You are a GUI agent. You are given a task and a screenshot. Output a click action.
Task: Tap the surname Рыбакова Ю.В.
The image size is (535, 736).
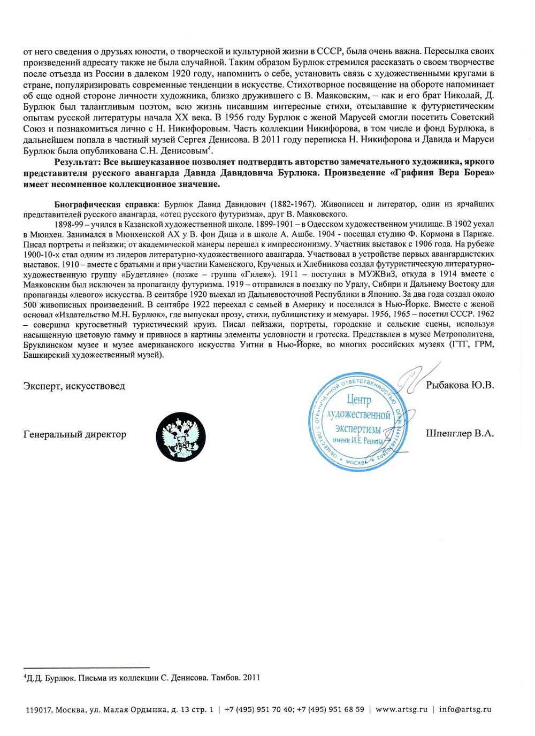pos(460,385)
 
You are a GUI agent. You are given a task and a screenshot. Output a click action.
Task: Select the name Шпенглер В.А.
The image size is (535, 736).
pos(460,433)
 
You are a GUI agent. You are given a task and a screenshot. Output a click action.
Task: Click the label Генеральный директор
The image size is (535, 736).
pos(75,434)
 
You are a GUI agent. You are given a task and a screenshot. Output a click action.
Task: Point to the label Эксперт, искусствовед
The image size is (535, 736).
pos(74,386)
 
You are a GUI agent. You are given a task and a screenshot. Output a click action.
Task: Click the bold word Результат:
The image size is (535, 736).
pos(78,162)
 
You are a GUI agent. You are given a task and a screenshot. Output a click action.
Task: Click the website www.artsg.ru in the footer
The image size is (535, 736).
pos(401,709)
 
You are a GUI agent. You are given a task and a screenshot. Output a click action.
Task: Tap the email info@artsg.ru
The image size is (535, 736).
pos(465,709)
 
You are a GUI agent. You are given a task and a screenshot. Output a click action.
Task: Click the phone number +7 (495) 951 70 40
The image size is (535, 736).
pos(259,709)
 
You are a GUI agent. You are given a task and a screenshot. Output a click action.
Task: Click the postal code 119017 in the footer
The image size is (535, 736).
pos(39,710)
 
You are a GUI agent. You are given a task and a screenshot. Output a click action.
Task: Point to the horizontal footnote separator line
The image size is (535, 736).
pos(86,668)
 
